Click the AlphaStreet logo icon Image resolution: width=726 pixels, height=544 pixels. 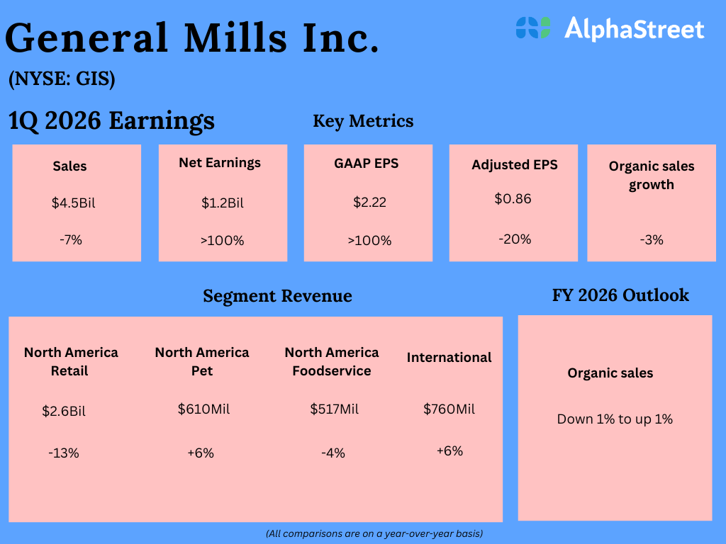tap(533, 28)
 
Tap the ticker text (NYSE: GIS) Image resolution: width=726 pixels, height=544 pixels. tap(62, 79)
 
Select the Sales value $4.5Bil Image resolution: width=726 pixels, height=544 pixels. tap(73, 203)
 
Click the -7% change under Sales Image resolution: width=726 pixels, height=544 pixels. tap(71, 239)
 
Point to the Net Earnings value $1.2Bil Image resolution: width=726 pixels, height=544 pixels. tap(223, 203)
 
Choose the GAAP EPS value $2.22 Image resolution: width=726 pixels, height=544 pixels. tap(369, 203)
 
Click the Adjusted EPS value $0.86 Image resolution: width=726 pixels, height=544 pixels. tap(513, 198)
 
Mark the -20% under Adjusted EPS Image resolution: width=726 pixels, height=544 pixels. tap(515, 239)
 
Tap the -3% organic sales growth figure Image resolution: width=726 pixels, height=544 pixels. tap(651, 239)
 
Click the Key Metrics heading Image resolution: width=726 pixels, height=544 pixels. tap(363, 121)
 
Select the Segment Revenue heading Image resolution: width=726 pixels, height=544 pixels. tap(277, 295)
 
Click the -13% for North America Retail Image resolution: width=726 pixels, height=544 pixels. tap(64, 453)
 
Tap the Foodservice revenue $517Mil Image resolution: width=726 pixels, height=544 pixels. tap(335, 409)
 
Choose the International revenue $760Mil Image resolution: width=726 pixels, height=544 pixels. tap(449, 409)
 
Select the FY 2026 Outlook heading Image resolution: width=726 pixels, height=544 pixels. tap(620, 295)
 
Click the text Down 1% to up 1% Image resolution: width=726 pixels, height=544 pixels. tap(615, 419)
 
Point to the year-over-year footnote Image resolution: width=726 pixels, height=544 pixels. tap(374, 533)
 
